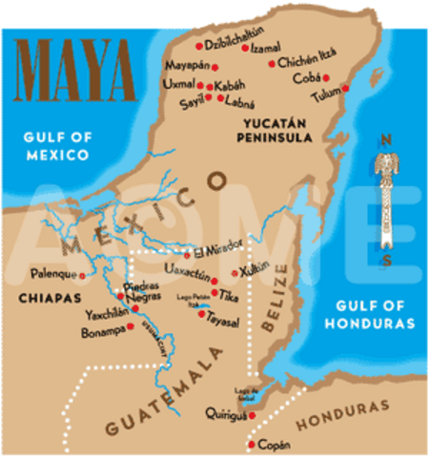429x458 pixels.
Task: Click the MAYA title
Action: (x=73, y=69)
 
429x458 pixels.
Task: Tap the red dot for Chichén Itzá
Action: (x=275, y=63)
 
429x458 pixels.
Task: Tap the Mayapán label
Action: (x=187, y=68)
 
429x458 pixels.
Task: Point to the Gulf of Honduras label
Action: (x=377, y=316)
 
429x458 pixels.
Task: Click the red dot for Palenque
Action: (x=82, y=276)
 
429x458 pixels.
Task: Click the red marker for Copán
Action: (x=251, y=445)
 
